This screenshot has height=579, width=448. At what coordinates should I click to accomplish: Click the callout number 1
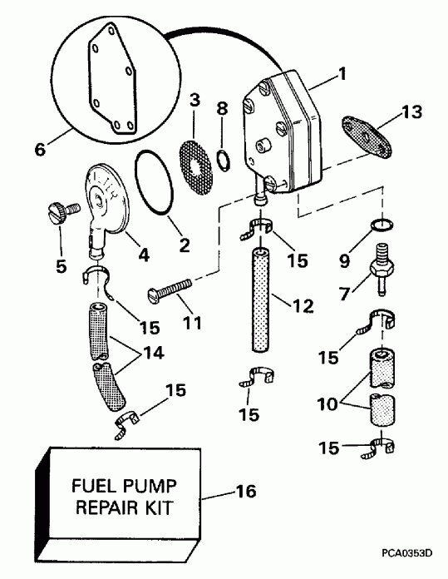point(342,74)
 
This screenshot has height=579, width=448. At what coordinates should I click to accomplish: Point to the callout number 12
point(303,307)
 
